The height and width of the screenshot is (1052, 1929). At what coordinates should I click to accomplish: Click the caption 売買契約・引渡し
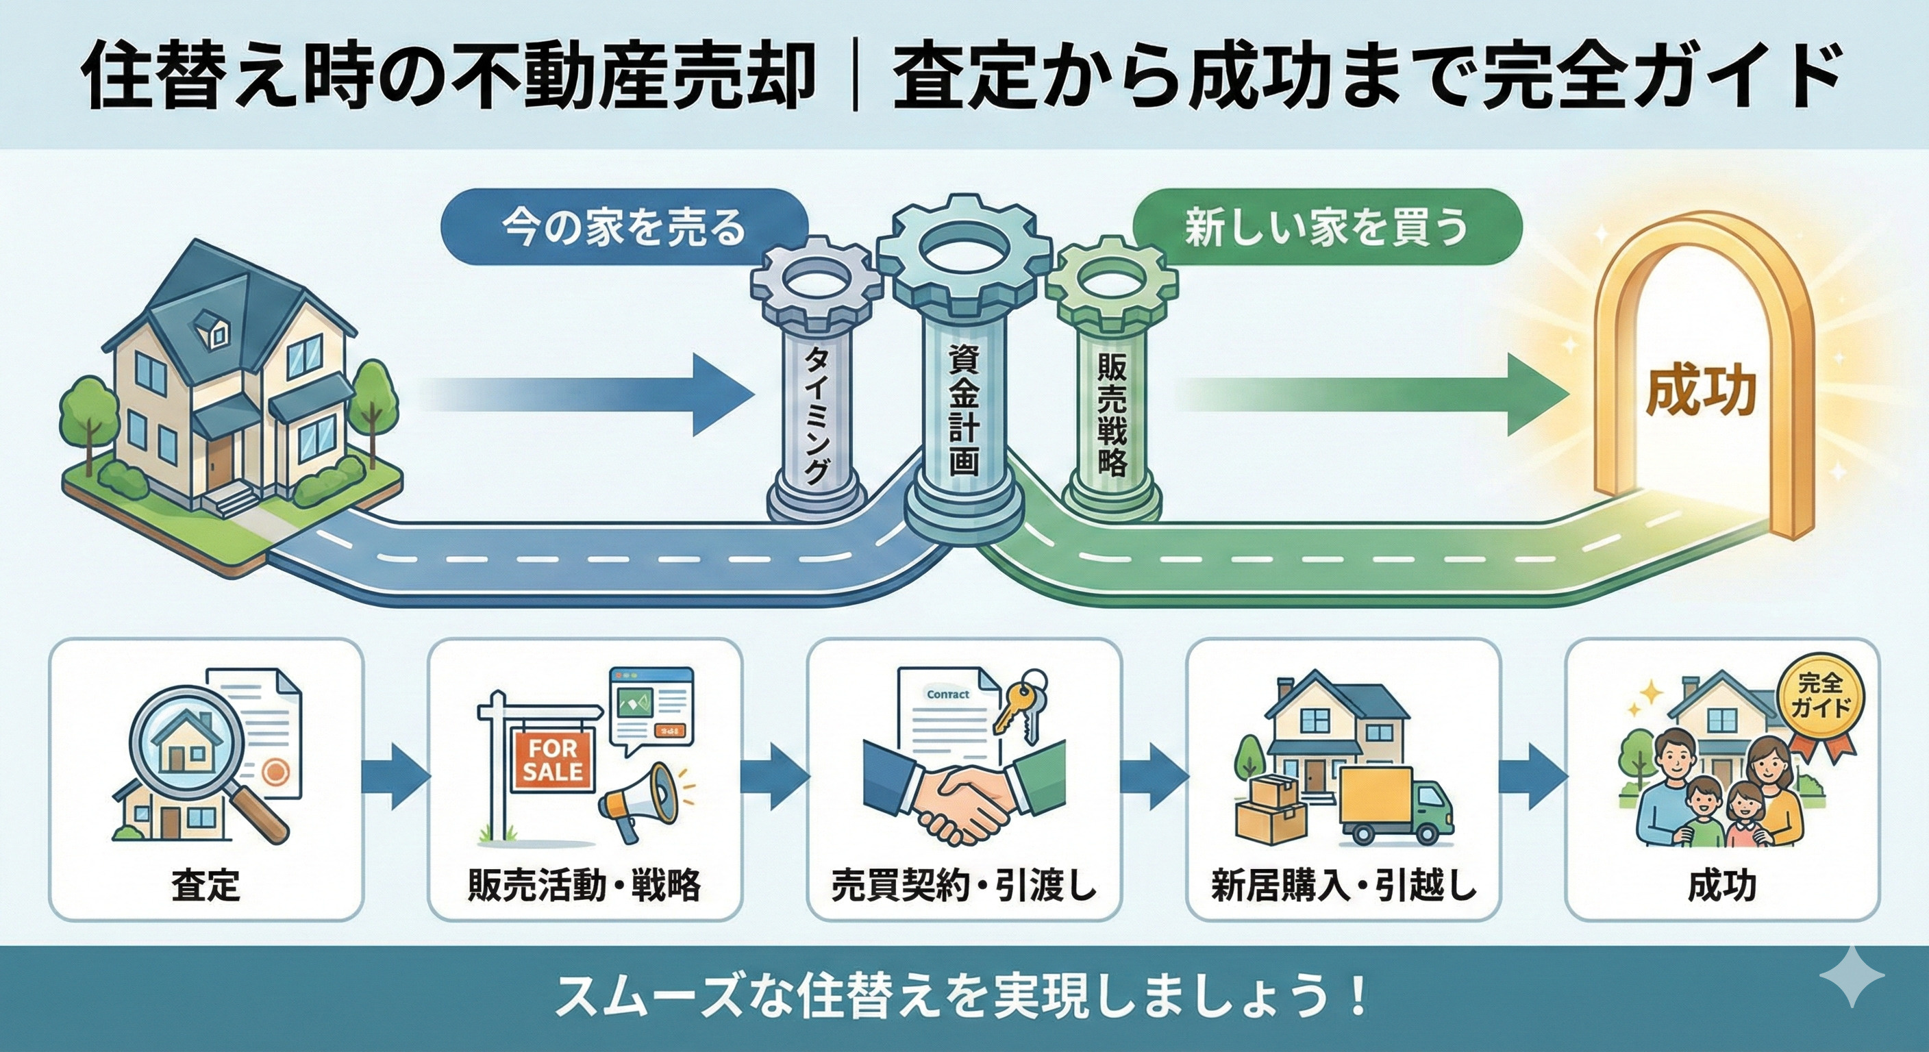(964, 886)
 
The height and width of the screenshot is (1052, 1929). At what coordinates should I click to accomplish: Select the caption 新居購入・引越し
(1343, 886)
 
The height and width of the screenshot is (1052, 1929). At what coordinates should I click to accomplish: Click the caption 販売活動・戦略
(584, 886)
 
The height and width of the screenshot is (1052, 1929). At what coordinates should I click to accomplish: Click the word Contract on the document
(947, 694)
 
